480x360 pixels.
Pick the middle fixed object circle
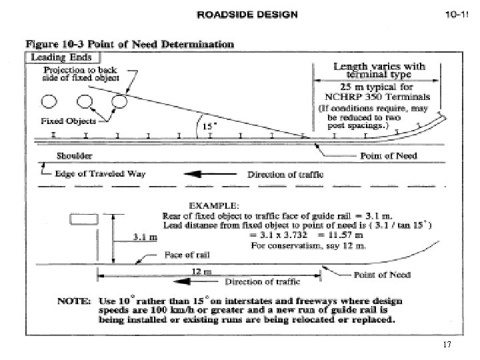pyautogui.click(x=85, y=102)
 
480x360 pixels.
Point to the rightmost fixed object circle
pyautogui.click(x=119, y=101)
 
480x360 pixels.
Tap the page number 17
pyautogui.click(x=447, y=345)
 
